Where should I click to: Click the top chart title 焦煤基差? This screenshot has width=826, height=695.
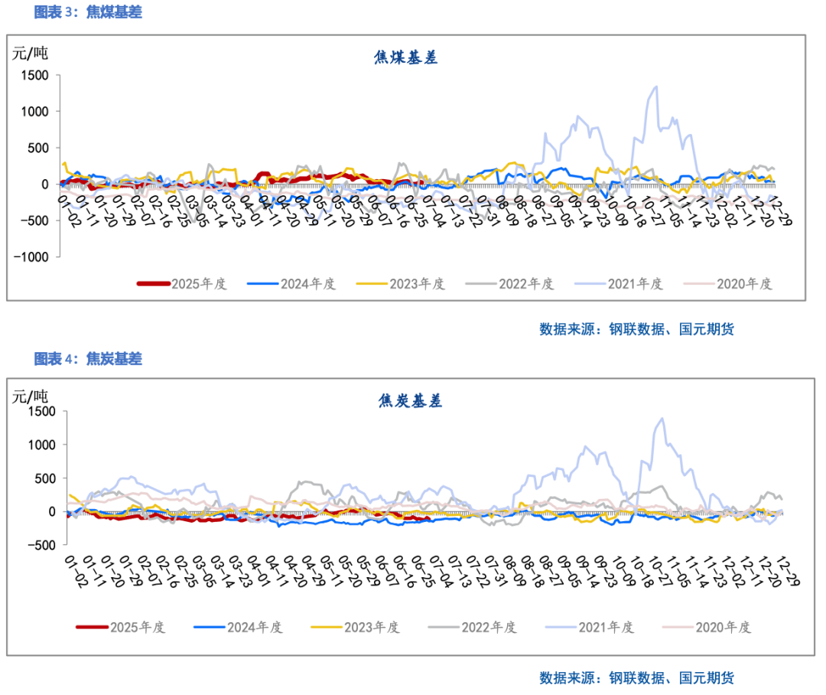click(406, 59)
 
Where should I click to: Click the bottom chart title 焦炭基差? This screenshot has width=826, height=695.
click(410, 400)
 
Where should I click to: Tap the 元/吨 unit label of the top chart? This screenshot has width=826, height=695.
click(29, 54)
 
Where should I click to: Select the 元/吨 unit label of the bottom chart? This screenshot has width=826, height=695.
click(29, 396)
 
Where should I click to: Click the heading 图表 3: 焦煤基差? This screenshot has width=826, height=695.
click(88, 12)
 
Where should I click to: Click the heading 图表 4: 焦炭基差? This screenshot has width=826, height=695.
click(88, 358)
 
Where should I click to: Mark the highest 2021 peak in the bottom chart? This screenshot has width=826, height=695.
click(662, 419)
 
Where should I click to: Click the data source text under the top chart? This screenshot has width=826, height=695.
click(636, 329)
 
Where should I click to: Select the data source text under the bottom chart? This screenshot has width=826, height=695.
click(636, 677)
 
